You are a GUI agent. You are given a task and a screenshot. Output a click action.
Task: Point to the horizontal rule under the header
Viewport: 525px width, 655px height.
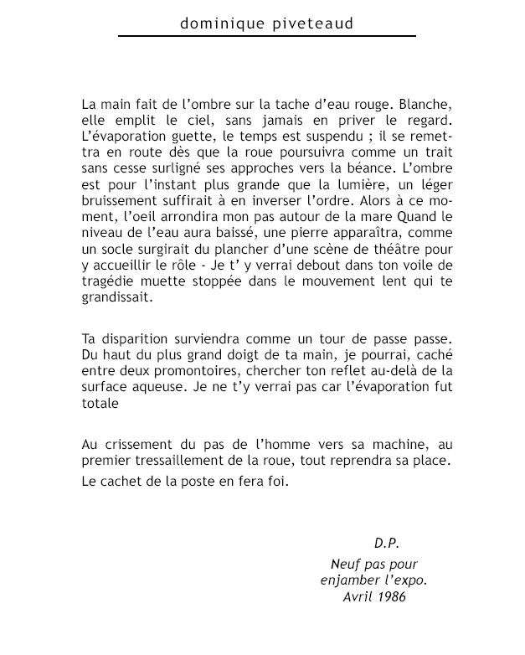click(x=267, y=36)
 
